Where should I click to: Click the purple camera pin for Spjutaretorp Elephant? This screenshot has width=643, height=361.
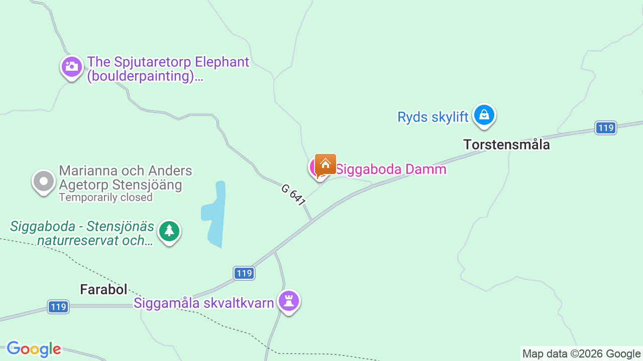pos(72,67)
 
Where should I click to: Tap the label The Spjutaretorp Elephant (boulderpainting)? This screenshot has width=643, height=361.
pos(168,69)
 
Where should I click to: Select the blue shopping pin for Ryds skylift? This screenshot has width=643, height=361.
pos(484,115)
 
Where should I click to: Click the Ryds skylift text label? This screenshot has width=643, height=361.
pos(433,117)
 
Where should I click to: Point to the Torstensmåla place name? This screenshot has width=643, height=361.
pos(506,145)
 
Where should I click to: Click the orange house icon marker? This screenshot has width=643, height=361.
pos(326,164)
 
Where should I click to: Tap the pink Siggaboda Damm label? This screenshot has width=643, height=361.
pos(391,169)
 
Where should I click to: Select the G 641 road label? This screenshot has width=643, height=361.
pos(293,195)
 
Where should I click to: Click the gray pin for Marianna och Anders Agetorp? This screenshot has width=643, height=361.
pos(44,182)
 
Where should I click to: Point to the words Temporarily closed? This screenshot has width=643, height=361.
pos(105,198)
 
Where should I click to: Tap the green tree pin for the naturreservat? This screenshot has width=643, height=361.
pos(169,232)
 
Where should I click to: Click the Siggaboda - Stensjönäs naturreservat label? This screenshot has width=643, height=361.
pos(82,233)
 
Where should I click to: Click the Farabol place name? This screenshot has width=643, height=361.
pos(103,289)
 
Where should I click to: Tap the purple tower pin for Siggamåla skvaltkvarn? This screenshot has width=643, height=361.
pos(289,301)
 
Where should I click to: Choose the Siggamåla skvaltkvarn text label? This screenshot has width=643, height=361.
pos(203,303)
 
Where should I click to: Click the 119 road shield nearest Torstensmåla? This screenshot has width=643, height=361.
pos(606,128)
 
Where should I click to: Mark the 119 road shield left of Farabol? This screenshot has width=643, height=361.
pos(58,307)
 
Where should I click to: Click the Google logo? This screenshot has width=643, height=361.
pos(34,349)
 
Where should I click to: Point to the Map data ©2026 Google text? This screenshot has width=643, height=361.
pos(581,354)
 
